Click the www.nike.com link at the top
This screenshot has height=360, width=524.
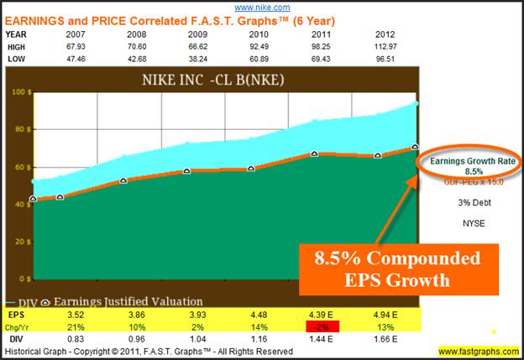[261, 6]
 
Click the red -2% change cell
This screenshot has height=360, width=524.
[320, 326]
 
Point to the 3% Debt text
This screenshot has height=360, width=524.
[468, 201]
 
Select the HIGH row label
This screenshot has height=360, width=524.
[17, 47]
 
